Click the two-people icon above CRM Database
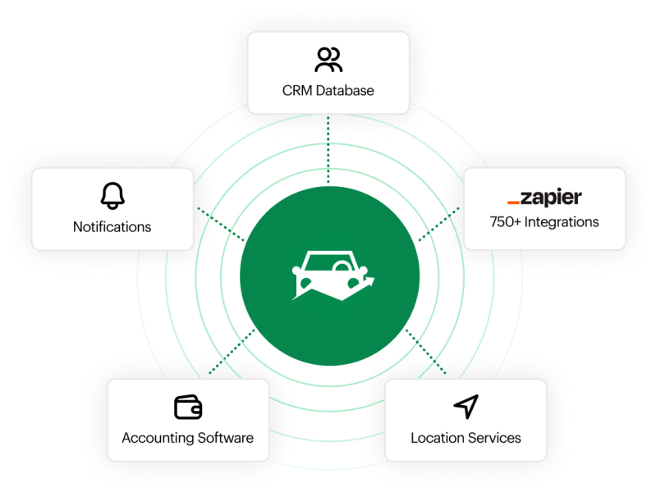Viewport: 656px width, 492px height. point(328,60)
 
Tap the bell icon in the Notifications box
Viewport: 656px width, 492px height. point(112,195)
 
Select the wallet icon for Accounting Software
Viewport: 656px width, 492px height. point(188,407)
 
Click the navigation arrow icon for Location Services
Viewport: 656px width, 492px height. point(466,406)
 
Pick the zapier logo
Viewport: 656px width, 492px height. point(544,197)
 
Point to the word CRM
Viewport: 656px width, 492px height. point(296,90)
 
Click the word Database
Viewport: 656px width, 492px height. point(344,90)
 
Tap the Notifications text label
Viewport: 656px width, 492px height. point(112,226)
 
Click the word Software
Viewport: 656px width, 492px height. point(224,437)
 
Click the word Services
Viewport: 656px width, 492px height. point(494,437)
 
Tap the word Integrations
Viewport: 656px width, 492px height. point(562,221)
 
